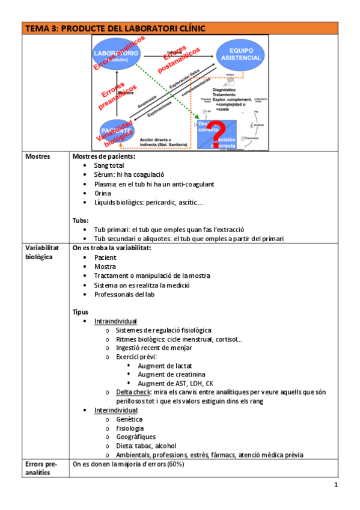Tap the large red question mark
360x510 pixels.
(219, 133)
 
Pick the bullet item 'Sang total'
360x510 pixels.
(109, 165)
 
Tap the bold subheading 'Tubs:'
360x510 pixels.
(81, 220)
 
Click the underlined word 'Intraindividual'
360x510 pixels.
(115, 321)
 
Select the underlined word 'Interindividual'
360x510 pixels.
(116, 410)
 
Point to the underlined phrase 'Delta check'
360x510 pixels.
(133, 392)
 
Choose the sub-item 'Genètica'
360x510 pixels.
(129, 419)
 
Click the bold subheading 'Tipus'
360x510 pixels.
(80, 312)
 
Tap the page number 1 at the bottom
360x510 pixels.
(336, 485)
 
